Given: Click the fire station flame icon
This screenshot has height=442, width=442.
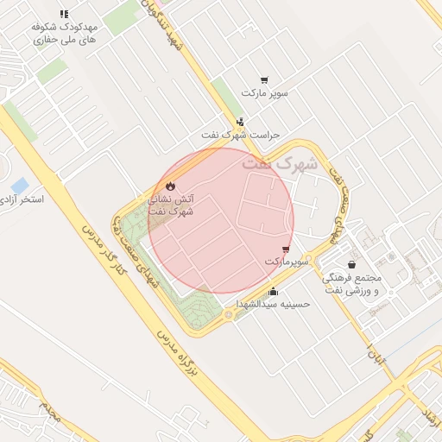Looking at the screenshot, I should pos(170,186).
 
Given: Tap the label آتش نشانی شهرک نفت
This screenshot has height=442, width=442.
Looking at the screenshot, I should pos(171,205).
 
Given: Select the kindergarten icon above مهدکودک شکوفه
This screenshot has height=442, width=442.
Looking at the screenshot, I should pos(64,14).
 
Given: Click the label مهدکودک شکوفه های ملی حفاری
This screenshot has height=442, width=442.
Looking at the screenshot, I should pos(64,34).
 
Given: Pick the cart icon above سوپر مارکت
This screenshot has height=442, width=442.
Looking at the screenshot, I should pos(264,79).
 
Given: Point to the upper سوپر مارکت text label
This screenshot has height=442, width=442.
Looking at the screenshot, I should pos(264,92).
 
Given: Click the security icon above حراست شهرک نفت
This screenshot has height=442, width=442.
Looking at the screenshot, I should pos(240,122).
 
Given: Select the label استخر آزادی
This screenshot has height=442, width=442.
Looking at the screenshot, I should pos(24,199).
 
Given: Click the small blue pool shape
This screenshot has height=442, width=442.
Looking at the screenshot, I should pos(19,186).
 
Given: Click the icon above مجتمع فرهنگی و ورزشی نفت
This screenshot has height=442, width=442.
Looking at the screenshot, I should pos(351,264).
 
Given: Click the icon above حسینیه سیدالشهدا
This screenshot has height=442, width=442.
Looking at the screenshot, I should pos(274,292).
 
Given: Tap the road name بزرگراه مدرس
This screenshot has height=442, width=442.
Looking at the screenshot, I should pos(180,353).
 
